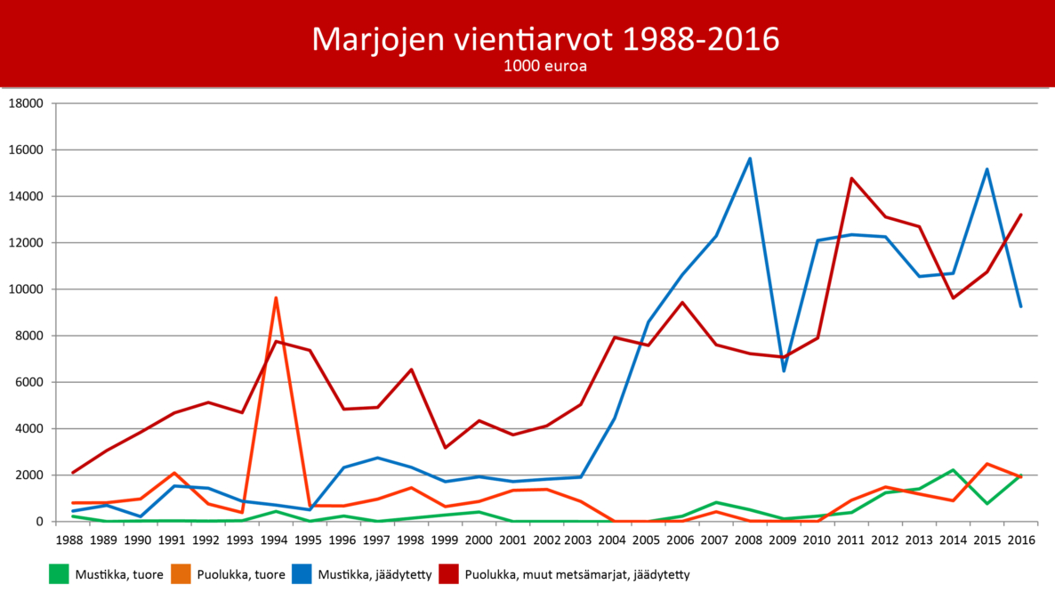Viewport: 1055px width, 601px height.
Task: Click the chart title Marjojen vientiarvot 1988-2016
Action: [x=544, y=39]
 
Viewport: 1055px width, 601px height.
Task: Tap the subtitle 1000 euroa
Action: [x=544, y=66]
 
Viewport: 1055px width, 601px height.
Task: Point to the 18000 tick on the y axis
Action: [x=26, y=103]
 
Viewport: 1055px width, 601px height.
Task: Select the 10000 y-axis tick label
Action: [x=26, y=289]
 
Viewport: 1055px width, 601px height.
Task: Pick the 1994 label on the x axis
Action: [x=275, y=540]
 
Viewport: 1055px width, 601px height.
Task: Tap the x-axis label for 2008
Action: [x=750, y=540]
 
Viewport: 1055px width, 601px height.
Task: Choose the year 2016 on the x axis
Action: [x=1020, y=540]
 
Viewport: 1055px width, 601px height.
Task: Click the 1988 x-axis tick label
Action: [x=72, y=540]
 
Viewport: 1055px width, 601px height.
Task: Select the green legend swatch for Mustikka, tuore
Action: [x=59, y=575]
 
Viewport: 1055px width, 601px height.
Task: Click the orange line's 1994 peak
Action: [x=276, y=298]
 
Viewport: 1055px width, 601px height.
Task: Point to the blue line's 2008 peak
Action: [x=750, y=159]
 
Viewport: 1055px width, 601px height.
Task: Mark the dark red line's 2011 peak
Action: [x=851, y=179]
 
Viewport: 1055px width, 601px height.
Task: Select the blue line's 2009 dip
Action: [x=784, y=370]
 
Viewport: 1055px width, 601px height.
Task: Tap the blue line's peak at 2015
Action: [x=987, y=169]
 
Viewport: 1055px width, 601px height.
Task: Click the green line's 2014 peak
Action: [x=953, y=470]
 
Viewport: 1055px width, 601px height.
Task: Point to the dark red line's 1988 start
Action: [x=72, y=473]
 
